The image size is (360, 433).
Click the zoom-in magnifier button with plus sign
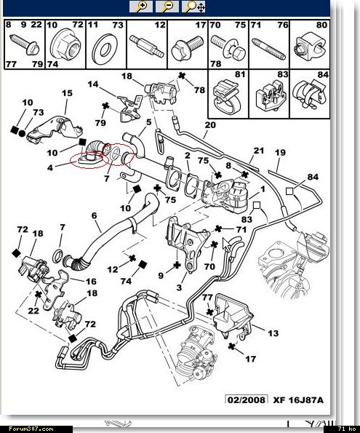coord(141,6)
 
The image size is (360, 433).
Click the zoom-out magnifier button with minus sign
coord(167,6)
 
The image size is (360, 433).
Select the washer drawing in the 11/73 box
coord(105,46)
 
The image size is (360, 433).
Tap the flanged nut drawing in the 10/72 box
coord(65,44)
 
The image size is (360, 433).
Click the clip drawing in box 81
coord(226,95)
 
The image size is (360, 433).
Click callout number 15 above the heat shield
coord(67,93)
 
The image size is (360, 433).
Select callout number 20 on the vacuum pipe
coord(209,125)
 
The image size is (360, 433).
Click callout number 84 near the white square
coord(313,177)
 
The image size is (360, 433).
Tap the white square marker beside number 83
coord(257,205)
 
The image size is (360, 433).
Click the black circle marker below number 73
coord(22,134)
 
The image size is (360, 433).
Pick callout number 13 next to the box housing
coord(273,333)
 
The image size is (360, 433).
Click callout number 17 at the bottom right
coord(250,359)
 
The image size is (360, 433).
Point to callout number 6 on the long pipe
coord(94,215)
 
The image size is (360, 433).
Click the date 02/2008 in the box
coord(247,400)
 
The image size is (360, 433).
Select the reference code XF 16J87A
coord(298,400)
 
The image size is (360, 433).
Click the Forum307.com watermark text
coord(31,429)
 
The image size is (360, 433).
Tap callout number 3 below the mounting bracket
coord(179,287)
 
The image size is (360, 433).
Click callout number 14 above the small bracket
coord(93,84)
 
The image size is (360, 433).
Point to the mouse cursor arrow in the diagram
coord(226,245)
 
